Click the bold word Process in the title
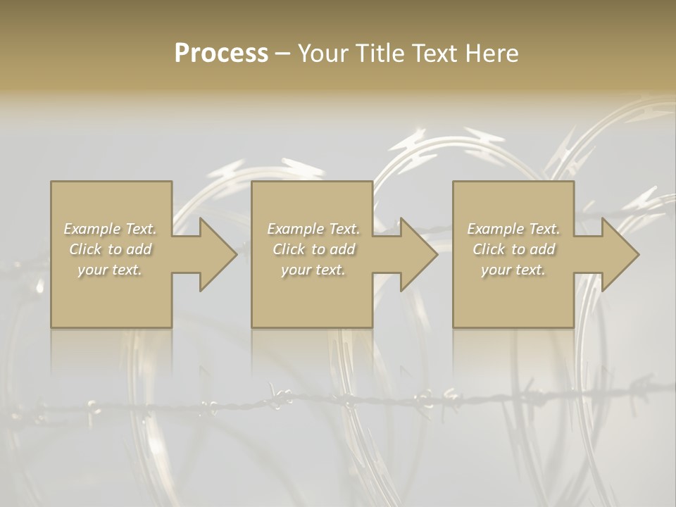[x=221, y=54]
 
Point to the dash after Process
[x=283, y=54]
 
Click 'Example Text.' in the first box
[x=111, y=229]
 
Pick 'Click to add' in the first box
[x=111, y=249]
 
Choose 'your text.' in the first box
[x=111, y=270]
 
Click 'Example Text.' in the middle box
[x=313, y=229]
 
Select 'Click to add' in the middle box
[x=313, y=249]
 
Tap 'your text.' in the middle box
[x=313, y=270]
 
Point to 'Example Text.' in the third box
[x=513, y=229]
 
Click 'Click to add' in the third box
[x=513, y=249]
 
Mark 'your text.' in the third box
[x=513, y=270]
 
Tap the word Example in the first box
[x=92, y=229]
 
